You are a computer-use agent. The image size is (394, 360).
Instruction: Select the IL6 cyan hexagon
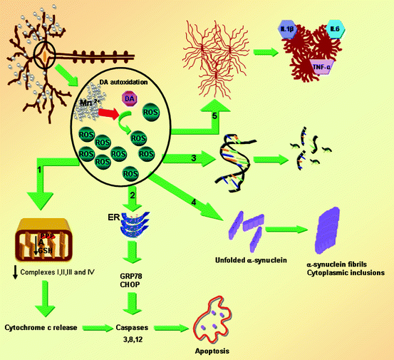[335, 30]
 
